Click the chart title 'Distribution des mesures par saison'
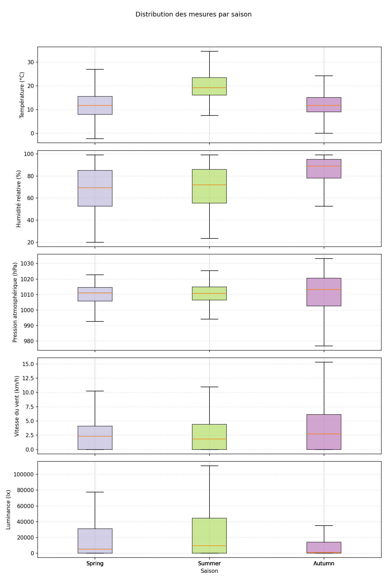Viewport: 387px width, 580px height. (193, 14)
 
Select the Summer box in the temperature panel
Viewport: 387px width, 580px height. (209, 86)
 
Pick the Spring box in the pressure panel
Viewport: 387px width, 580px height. (95, 294)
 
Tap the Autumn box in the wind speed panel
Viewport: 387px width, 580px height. (324, 432)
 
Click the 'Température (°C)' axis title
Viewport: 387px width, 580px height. (22, 95)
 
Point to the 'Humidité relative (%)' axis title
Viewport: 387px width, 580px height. (19, 198)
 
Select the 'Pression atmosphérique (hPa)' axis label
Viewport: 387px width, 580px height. (15, 302)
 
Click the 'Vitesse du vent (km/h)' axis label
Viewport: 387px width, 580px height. (17, 406)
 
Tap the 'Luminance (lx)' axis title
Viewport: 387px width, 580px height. (8, 510)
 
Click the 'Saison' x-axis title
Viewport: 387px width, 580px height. (209, 571)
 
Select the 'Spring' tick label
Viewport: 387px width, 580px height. (95, 564)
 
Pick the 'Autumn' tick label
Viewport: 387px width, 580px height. (324, 564)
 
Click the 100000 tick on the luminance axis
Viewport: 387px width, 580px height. (25, 475)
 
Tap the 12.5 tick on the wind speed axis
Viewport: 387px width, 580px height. (29, 378)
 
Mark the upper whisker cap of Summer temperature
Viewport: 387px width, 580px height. (209, 51)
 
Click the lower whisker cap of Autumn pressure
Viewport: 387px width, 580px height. (324, 346)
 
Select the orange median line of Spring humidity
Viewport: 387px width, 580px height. (95, 188)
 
